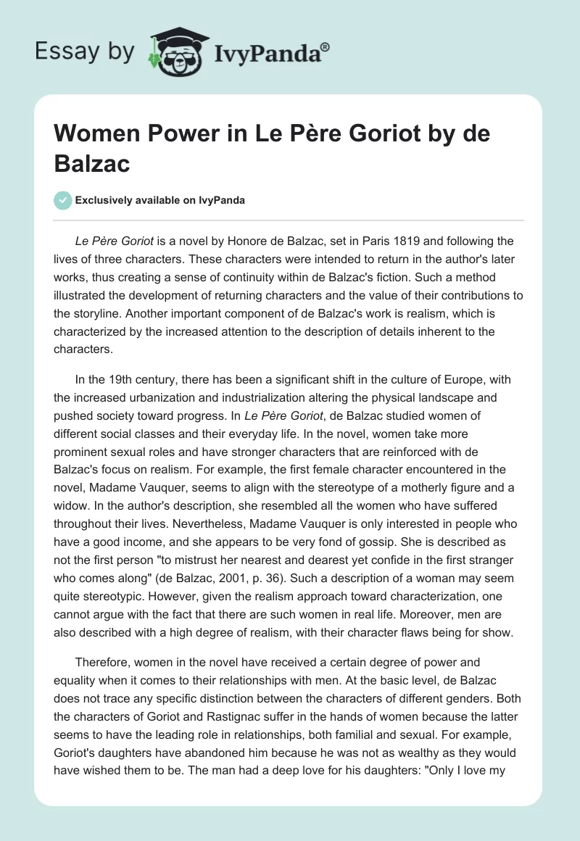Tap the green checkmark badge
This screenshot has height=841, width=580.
tap(62, 200)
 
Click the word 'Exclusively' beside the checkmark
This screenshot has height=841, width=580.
tap(104, 200)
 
